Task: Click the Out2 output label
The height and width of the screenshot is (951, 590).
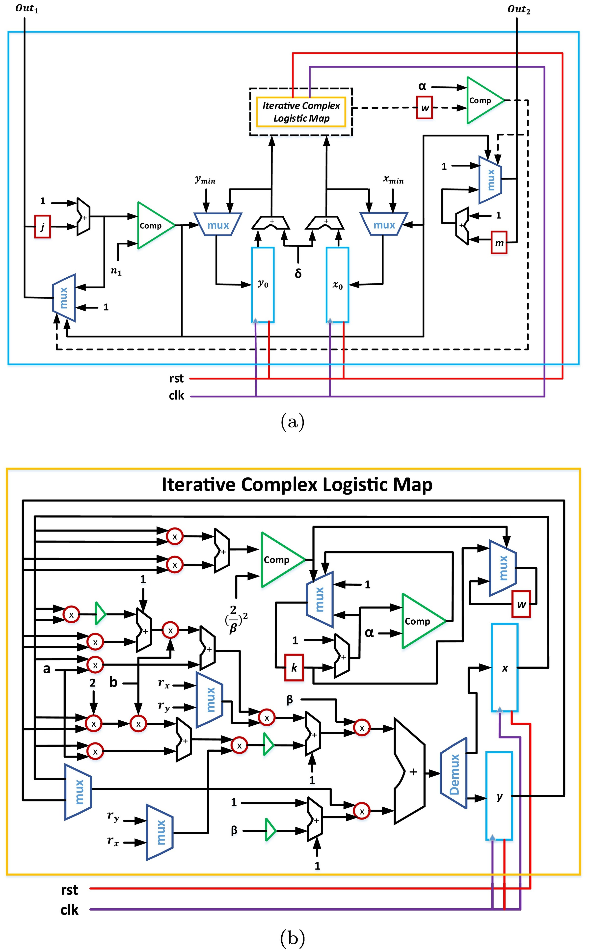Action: (519, 9)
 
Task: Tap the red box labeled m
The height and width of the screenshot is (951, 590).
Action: (499, 243)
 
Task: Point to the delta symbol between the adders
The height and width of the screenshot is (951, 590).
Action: (298, 273)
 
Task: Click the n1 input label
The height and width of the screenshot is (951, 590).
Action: (116, 271)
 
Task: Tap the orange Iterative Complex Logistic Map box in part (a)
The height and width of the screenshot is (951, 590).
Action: (301, 112)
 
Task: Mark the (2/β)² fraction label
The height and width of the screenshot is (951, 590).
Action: (236, 619)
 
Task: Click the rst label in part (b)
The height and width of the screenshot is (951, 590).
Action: (69, 890)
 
